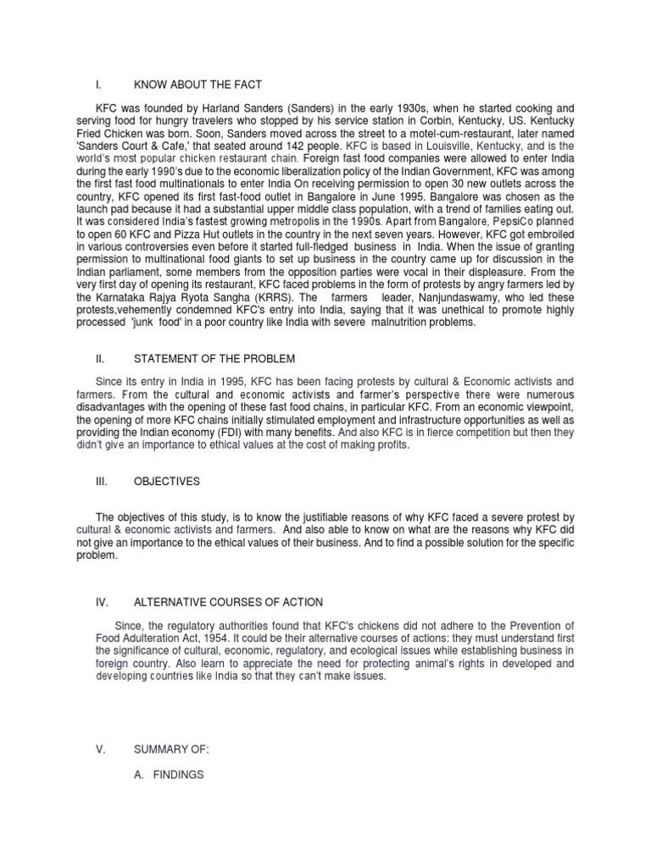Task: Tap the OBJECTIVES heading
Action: pos(167,481)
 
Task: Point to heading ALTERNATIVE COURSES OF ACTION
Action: pos(228,602)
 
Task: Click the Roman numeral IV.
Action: pos(100,602)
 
